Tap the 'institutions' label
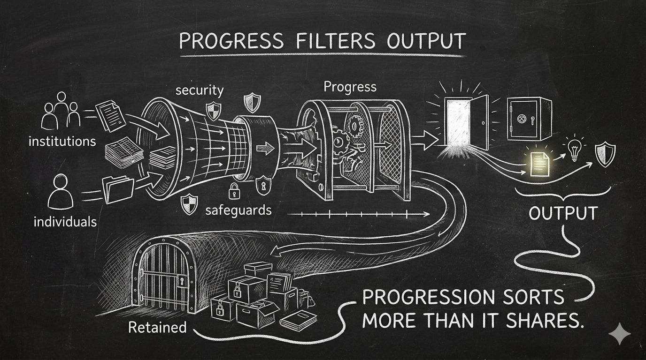(x=62, y=141)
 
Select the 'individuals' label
(x=65, y=221)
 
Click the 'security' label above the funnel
(x=200, y=90)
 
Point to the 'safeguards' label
(x=238, y=210)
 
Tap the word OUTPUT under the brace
(x=563, y=213)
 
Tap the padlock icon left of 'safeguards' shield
(x=233, y=190)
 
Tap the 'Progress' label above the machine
(x=350, y=87)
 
